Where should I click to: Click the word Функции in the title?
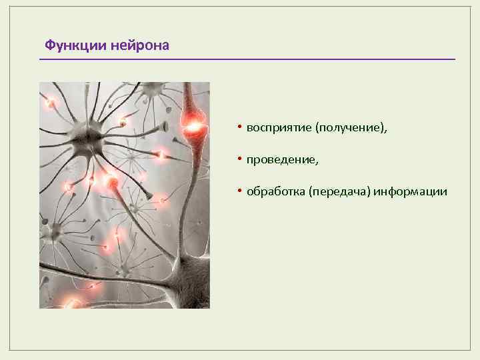tap(75, 45)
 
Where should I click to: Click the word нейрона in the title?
tap(139, 46)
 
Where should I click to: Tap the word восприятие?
tap(279, 128)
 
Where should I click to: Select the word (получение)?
tap(351, 127)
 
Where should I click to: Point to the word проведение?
tap(283, 160)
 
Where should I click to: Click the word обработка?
tap(276, 191)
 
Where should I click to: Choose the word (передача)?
tap(340, 191)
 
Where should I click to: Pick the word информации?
tap(410, 192)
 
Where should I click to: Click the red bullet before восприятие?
tap(240, 126)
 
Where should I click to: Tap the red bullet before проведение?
tap(240, 158)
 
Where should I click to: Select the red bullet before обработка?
tap(240, 191)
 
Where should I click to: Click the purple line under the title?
tap(247, 59)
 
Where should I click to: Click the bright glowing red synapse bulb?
tap(193, 125)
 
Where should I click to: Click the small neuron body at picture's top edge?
tap(152, 88)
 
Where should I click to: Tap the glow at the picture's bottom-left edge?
tap(73, 303)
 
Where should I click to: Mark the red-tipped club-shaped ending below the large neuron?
tap(112, 183)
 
